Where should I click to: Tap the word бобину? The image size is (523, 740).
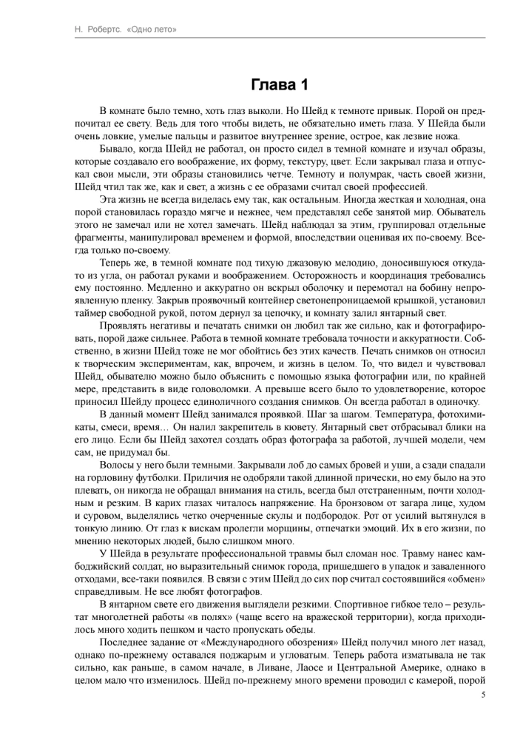pos(431,289)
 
